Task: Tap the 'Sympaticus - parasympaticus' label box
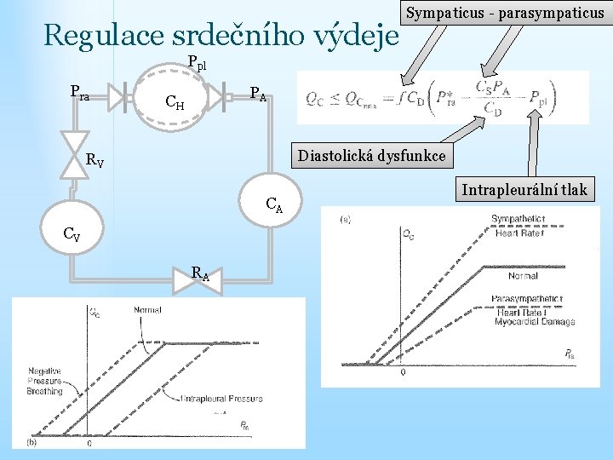[x=504, y=14]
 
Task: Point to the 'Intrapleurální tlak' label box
[x=524, y=189]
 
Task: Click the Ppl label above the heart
[x=196, y=63]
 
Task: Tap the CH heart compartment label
[x=175, y=104]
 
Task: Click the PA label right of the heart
[x=257, y=94]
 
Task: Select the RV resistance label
[x=95, y=159]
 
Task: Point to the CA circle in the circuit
[x=273, y=203]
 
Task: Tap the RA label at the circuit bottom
[x=201, y=274]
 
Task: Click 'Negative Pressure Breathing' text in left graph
[x=44, y=381]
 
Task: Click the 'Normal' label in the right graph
[x=522, y=276]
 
